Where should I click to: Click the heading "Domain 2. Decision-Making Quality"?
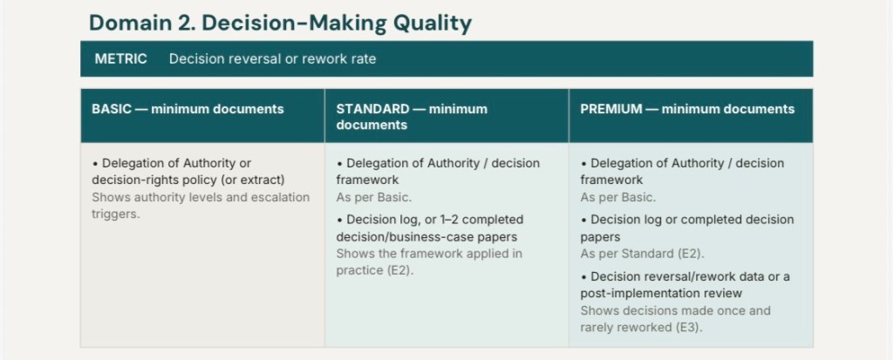[x=280, y=23]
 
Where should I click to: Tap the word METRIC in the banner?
[x=120, y=58]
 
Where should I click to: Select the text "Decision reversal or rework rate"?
[x=272, y=58]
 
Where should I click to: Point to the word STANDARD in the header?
[x=372, y=109]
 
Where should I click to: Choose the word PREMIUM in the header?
[x=611, y=109]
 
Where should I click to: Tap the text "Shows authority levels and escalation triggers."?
[x=201, y=206]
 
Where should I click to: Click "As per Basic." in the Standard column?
[x=373, y=198]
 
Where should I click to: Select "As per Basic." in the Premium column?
[x=618, y=198]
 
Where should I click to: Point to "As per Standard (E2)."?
[x=643, y=254]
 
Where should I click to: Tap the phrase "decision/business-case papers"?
[x=426, y=237]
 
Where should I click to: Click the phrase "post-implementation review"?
[x=661, y=294]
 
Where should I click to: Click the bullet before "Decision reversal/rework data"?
[x=583, y=277]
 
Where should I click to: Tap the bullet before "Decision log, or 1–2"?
[x=339, y=221]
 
